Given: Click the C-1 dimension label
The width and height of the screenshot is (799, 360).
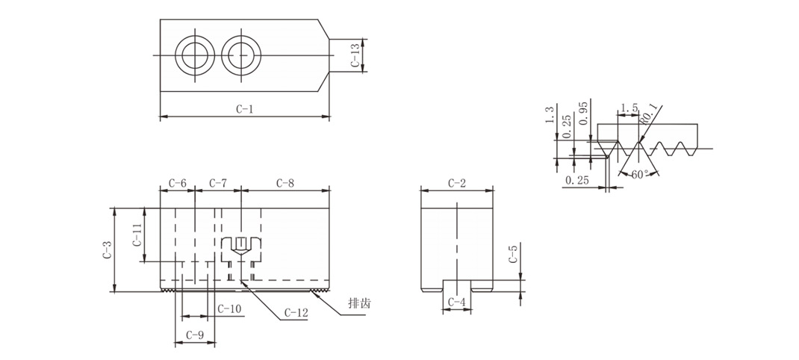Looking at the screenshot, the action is [245, 109].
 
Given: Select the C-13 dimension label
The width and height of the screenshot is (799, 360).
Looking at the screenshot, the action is [355, 55].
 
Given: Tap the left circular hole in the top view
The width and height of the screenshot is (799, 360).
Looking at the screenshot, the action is [195, 55].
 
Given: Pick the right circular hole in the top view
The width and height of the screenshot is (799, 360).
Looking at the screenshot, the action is [242, 55].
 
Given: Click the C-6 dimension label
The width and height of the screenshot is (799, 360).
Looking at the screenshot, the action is [177, 183].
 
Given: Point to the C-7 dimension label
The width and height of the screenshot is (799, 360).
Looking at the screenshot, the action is [217, 183].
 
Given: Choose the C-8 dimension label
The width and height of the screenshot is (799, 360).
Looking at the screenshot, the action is [285, 183].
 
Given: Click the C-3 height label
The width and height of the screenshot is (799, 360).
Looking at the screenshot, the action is [107, 249].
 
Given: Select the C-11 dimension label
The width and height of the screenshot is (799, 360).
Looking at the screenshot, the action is [137, 235].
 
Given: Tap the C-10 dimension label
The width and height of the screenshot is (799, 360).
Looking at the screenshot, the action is [229, 308].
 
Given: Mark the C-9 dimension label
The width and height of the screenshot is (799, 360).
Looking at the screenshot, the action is [195, 335].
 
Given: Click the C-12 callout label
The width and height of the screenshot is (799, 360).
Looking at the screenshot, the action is [296, 313].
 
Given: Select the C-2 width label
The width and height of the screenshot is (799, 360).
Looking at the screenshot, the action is [457, 183].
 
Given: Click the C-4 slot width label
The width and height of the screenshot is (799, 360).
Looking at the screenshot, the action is [456, 302].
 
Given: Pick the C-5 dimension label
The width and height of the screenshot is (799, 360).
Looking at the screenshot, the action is [513, 254].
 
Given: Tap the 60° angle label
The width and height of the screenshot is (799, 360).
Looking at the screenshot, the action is [639, 174].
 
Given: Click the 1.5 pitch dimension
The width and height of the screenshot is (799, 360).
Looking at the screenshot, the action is [627, 108].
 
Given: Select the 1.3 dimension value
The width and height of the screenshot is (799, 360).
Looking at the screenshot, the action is [549, 115].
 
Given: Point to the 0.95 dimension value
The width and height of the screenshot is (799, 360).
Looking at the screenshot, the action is [583, 112].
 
